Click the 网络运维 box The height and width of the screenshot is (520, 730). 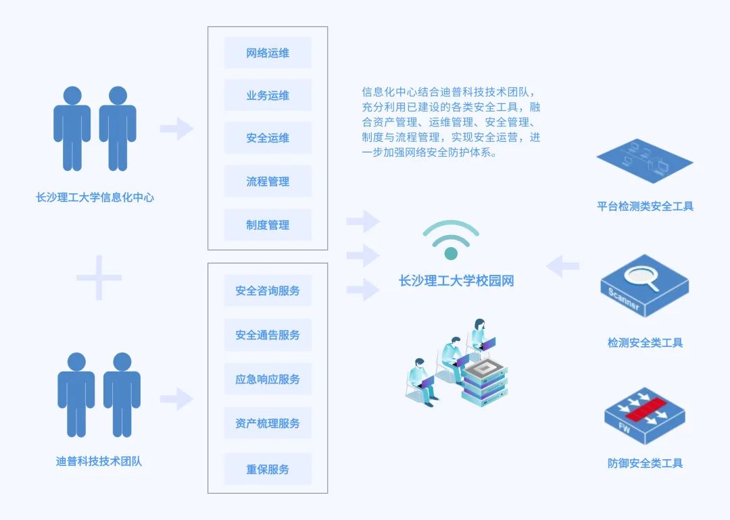[x=268, y=53]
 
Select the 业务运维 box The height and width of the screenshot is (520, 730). [x=268, y=95]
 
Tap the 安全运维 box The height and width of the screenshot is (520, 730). [x=268, y=138]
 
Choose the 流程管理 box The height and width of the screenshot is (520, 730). [x=268, y=181]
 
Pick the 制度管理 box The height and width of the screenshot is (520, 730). [x=268, y=225]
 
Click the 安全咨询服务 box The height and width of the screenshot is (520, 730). [x=268, y=290]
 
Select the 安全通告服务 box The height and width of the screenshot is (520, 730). [x=268, y=334]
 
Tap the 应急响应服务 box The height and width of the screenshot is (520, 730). [x=268, y=379]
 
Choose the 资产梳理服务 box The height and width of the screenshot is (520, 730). [x=268, y=423]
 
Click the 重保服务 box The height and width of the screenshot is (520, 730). [x=268, y=469]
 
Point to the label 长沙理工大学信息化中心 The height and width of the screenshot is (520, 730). [x=95, y=198]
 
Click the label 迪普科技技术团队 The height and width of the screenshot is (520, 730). [x=99, y=462]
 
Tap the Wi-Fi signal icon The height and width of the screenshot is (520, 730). [x=451, y=240]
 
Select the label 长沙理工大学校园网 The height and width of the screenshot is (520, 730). [x=456, y=281]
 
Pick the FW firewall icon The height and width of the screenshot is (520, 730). [x=644, y=415]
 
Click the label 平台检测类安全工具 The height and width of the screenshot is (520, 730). [x=645, y=206]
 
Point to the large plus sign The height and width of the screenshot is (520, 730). [x=99, y=278]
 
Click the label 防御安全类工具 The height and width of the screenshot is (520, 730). [x=645, y=463]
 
